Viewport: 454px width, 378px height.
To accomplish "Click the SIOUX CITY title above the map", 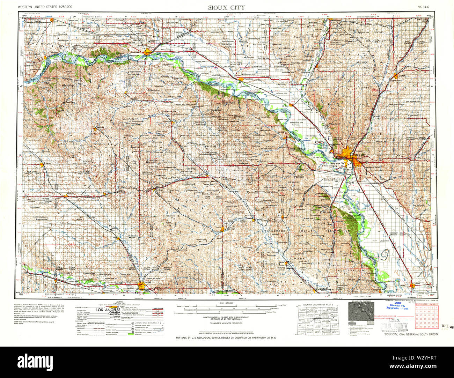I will (x=227, y=7).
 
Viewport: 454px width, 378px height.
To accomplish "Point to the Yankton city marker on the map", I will (x=148, y=53).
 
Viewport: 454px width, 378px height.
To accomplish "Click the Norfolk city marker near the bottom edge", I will (x=141, y=286).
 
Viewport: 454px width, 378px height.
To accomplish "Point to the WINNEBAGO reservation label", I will (x=276, y=231).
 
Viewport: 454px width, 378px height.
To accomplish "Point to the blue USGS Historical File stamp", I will (x=396, y=306).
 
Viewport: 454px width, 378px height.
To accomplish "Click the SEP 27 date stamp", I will (x=447, y=326).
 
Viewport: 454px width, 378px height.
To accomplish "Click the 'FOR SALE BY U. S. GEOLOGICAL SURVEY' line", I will (x=226, y=338).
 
